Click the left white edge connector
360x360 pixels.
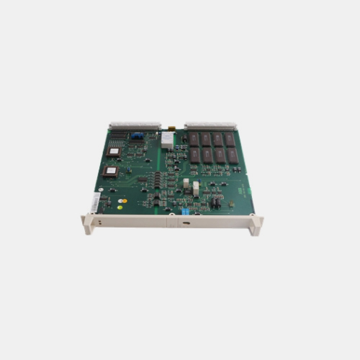tap(135, 126)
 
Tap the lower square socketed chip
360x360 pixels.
tap(109, 171)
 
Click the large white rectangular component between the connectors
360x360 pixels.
tap(166, 140)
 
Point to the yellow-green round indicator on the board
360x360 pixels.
tap(123, 202)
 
